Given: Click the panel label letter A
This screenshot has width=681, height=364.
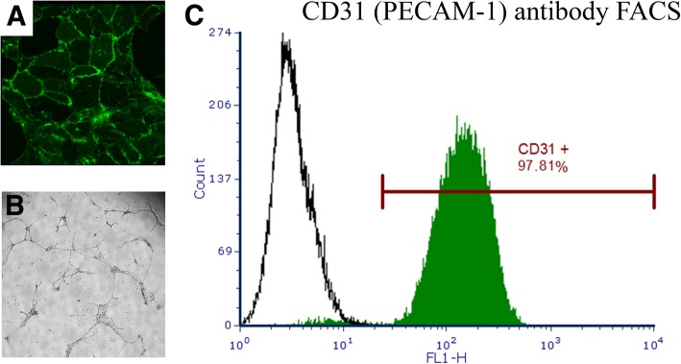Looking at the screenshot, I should pyautogui.click(x=16, y=18).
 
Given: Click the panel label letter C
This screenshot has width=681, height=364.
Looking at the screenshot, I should pyautogui.click(x=195, y=17).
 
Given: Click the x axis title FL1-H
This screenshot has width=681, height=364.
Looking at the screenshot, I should pyautogui.click(x=447, y=356).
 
